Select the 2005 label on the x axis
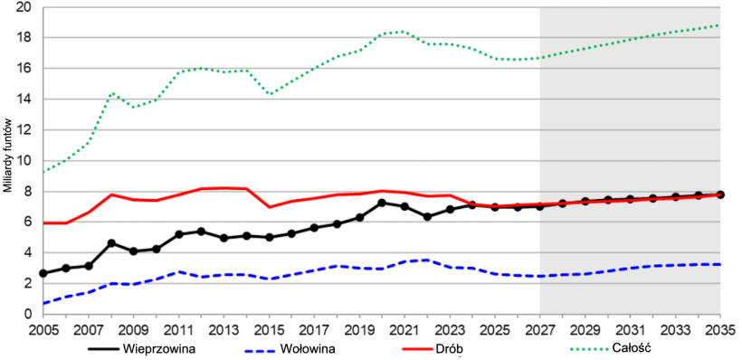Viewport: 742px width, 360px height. coord(43,329)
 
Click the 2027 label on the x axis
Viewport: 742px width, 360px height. coord(540,329)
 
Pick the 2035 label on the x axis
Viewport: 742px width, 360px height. coord(720,329)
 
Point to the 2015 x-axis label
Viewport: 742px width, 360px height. coord(269,329)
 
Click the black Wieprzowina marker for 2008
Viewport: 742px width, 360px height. coord(111,242)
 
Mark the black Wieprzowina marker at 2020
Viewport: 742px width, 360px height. coord(382,203)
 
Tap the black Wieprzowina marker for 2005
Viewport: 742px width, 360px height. coord(43,273)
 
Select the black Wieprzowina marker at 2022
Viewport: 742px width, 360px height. coord(427,217)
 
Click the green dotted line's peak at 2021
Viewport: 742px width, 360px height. coord(404,32)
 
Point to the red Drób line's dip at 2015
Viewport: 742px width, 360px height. coord(269,207)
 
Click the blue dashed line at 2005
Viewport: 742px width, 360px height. coord(43,303)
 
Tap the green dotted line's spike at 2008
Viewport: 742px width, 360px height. coord(111,93)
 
